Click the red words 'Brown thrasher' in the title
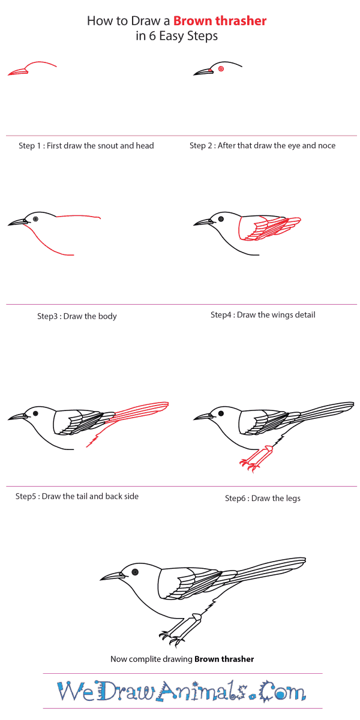pos(220,21)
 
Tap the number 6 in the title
pos(152,35)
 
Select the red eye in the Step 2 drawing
pos(221,68)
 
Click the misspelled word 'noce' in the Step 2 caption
pos(326,146)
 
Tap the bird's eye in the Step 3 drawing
pos(35,219)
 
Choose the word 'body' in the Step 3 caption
pos(107,316)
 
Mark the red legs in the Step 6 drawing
pos(256,459)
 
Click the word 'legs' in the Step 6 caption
pos(293,499)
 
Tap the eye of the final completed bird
pos(135,572)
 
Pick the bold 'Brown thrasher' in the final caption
pos(224,659)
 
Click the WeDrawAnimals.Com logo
pos(182,691)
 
